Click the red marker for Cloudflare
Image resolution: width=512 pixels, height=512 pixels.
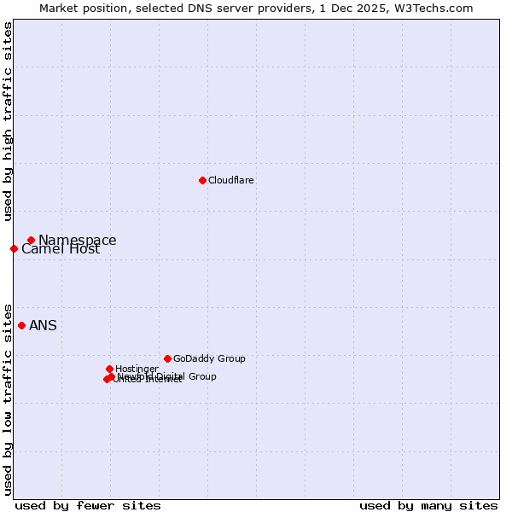pyautogui.click(x=202, y=180)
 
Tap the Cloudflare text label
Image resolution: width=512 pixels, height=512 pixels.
pyautogui.click(x=231, y=180)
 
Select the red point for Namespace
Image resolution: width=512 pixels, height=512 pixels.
pyautogui.click(x=31, y=240)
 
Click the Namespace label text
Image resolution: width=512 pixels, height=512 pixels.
pyautogui.click(x=78, y=241)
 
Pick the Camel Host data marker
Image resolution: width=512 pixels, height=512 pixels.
pyautogui.click(x=14, y=248)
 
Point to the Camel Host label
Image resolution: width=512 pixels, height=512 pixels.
pyautogui.click(x=61, y=249)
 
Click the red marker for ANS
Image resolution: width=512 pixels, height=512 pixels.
pyautogui.click(x=21, y=325)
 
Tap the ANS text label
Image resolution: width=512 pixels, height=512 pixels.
pyautogui.click(x=43, y=325)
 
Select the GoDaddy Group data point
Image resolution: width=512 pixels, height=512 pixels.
pyautogui.click(x=167, y=358)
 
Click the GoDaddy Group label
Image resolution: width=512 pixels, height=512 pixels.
pyautogui.click(x=209, y=358)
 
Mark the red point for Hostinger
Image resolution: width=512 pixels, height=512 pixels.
pyautogui.click(x=109, y=369)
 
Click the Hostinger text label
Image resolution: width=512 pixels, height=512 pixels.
pyautogui.click(x=137, y=369)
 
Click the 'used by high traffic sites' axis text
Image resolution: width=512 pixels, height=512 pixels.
pyautogui.click(x=8, y=121)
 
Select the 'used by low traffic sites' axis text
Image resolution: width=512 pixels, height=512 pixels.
pyautogui.click(x=8, y=399)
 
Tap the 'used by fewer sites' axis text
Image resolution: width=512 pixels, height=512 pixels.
pyautogui.click(x=88, y=505)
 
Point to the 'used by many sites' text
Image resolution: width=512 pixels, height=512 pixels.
pyautogui.click(x=428, y=505)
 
